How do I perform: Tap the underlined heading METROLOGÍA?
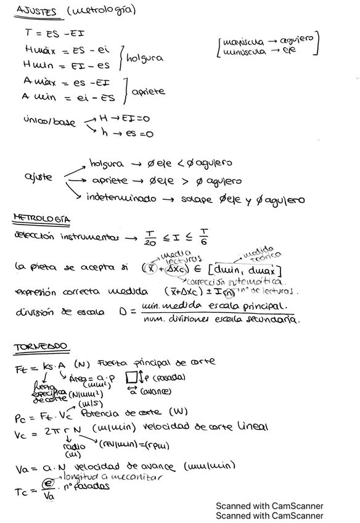click(x=41, y=219)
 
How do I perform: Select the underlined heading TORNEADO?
click(x=41, y=347)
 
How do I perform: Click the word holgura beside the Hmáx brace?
click(x=145, y=58)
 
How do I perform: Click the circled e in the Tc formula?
click(x=47, y=485)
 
